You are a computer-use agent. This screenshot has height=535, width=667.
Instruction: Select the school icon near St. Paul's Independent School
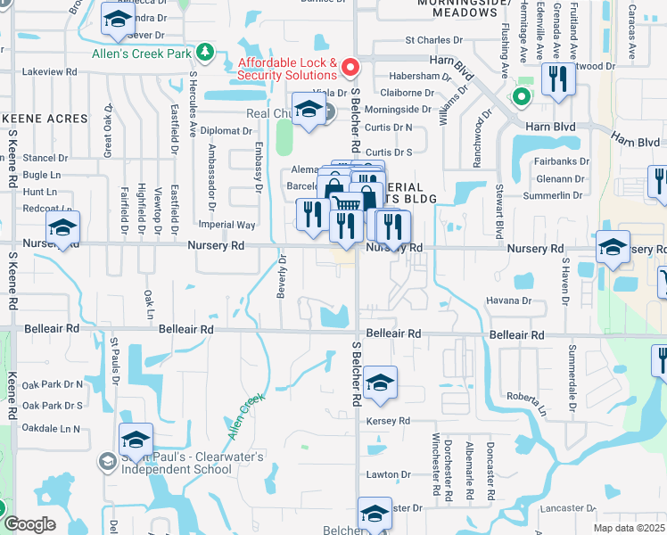tap(136, 440)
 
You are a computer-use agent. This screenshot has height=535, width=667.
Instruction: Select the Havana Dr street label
tap(508, 300)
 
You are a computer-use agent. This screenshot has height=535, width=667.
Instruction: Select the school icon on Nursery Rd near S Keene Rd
tap(63, 227)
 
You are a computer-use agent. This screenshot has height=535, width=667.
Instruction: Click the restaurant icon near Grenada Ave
tap(558, 78)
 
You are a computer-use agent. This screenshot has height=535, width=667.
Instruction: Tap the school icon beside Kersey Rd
tap(380, 383)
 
